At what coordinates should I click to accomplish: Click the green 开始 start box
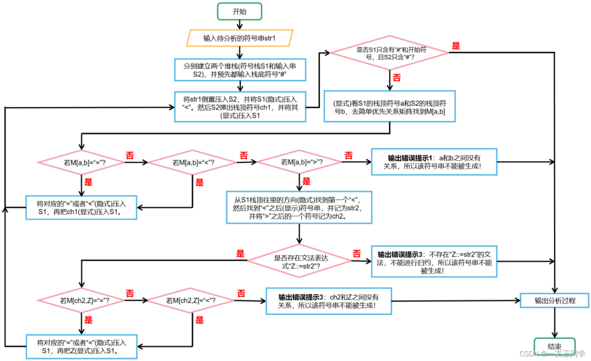pyautogui.click(x=239, y=12)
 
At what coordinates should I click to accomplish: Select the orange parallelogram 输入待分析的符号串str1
pyautogui.click(x=239, y=38)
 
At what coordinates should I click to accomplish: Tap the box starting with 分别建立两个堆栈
pyautogui.click(x=240, y=70)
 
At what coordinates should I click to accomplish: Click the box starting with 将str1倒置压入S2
pyautogui.click(x=240, y=107)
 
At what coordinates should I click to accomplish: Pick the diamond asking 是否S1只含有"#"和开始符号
pyautogui.click(x=390, y=53)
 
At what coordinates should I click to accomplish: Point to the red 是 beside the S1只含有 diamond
pyautogui.click(x=456, y=46)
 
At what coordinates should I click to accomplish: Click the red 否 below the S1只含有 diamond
pyautogui.click(x=397, y=78)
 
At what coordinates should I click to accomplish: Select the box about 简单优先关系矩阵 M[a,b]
pyautogui.click(x=389, y=107)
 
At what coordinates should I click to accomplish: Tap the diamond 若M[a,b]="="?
pyautogui.click(x=81, y=163)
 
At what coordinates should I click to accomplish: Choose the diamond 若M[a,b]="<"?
pyautogui.click(x=193, y=163)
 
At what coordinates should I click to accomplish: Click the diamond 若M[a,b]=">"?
pyautogui.click(x=299, y=162)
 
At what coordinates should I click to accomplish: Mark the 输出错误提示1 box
pyautogui.click(x=434, y=162)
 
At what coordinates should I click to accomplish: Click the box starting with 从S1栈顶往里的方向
pyautogui.click(x=299, y=208)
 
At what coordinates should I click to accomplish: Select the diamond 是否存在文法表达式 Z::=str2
pyautogui.click(x=299, y=261)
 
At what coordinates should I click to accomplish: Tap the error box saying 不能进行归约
pyautogui.click(x=434, y=262)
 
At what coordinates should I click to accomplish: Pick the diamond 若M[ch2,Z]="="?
pyautogui.click(x=81, y=301)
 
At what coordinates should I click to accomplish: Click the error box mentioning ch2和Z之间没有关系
pyautogui.click(x=329, y=301)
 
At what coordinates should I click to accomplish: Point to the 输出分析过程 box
pyautogui.click(x=554, y=301)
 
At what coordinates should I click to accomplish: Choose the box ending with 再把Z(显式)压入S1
pyautogui.click(x=81, y=346)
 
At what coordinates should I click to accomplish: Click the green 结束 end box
pyautogui.click(x=554, y=346)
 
